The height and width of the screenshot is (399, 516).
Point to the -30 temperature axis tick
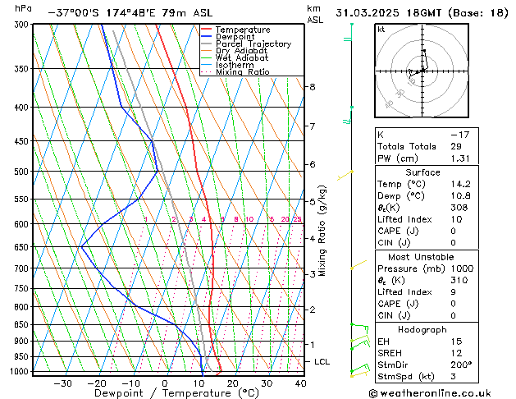pyautogui.click(x=62, y=383)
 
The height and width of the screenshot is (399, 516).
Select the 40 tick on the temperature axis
pyautogui.click(x=300, y=383)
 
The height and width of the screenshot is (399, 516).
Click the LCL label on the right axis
pyautogui.click(x=322, y=361)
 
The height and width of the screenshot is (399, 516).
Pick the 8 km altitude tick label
pyautogui.click(x=312, y=86)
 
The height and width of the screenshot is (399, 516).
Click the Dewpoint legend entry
pyautogui.click(x=238, y=37)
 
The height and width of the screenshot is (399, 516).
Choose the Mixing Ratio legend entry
pyautogui.click(x=242, y=72)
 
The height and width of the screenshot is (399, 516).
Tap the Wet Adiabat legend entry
pyautogui.click(x=241, y=58)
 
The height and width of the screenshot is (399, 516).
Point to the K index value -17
pyautogui.click(x=459, y=134)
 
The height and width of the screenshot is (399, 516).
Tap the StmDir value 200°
pyautogui.click(x=461, y=365)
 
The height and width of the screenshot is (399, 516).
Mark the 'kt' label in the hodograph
pyautogui.click(x=381, y=30)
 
